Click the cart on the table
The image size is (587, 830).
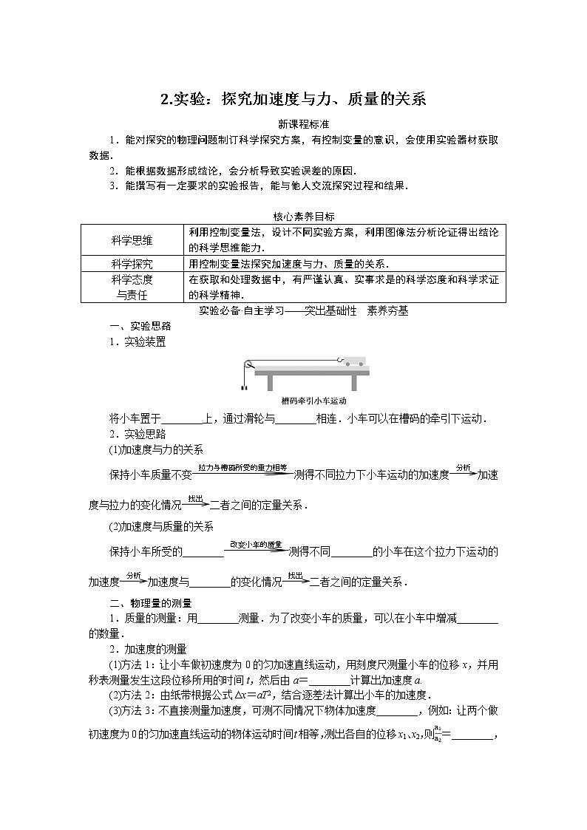pyautogui.click(x=353, y=361)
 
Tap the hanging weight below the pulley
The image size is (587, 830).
pyautogui.click(x=242, y=386)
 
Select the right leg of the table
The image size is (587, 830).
pyautogui.click(x=359, y=381)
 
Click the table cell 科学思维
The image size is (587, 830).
pyautogui.click(x=132, y=239)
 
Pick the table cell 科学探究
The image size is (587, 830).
pyautogui.click(x=132, y=264)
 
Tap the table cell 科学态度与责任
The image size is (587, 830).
pyautogui.click(x=132, y=287)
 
